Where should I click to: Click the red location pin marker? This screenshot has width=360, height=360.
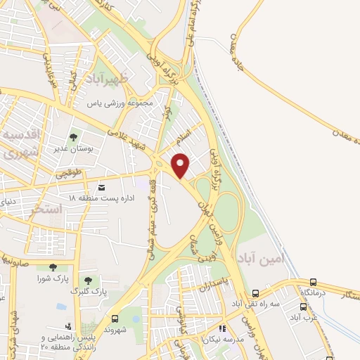tap(181, 165)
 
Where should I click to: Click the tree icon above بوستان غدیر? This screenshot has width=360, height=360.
tap(74, 136)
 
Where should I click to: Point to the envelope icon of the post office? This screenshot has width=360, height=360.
tap(102, 188)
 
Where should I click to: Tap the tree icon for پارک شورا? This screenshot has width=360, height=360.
tap(53, 267)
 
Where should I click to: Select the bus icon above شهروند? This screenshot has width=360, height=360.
tap(115, 318)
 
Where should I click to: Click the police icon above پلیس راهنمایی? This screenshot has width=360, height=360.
tap(68, 327)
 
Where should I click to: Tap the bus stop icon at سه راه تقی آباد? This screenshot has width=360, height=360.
tap(255, 294)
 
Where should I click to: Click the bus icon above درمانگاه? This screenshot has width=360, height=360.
tap(304, 281)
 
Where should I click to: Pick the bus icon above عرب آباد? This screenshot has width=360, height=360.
tap(304, 307)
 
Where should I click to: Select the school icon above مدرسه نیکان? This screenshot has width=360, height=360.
tap(222, 328)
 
